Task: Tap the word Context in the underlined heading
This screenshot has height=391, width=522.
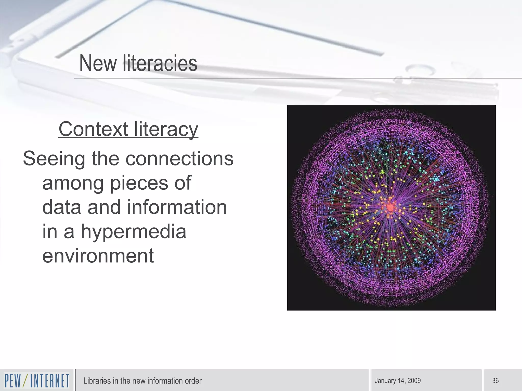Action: coord(93,129)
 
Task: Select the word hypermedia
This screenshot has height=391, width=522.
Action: coord(133,232)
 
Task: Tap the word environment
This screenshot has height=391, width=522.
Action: coord(98,256)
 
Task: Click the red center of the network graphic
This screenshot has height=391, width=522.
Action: coord(390,207)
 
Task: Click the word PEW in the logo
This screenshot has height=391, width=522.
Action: coord(13,381)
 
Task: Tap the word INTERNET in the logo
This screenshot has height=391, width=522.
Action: coord(50,381)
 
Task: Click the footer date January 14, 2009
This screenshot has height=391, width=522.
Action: coord(398,381)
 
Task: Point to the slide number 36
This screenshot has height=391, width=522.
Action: coord(495,381)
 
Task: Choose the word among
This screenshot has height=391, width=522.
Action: coord(73,183)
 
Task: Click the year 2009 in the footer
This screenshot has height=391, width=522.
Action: coord(414,381)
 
